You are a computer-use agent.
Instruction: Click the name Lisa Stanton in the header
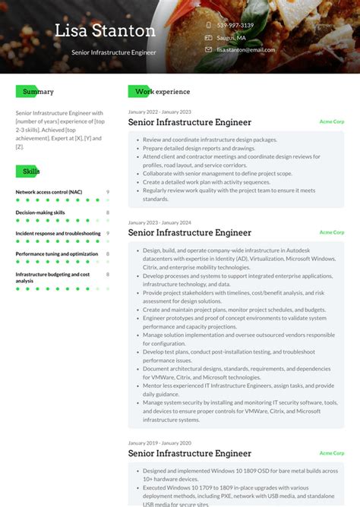click(105, 31)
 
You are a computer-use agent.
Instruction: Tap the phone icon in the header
click(208, 25)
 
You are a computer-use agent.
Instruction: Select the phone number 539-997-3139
click(235, 25)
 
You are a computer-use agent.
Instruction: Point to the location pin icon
click(208, 37)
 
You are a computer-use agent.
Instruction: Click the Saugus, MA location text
click(231, 37)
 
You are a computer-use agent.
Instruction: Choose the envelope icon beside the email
click(208, 49)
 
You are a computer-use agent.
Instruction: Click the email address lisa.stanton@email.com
click(245, 49)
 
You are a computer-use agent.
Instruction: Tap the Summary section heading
click(38, 92)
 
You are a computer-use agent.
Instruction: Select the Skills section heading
click(31, 172)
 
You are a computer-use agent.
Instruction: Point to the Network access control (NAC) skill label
click(49, 192)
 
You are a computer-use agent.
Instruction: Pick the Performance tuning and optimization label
click(57, 253)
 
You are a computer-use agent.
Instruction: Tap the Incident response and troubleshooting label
click(58, 233)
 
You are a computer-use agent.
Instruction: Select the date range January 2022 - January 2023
click(159, 112)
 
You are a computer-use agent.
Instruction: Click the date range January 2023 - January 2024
click(159, 222)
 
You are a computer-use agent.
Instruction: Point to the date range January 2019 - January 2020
click(159, 442)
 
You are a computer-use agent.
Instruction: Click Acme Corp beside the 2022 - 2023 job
click(331, 121)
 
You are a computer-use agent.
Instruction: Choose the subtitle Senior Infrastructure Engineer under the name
click(114, 52)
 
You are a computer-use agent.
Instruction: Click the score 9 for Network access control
click(108, 192)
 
